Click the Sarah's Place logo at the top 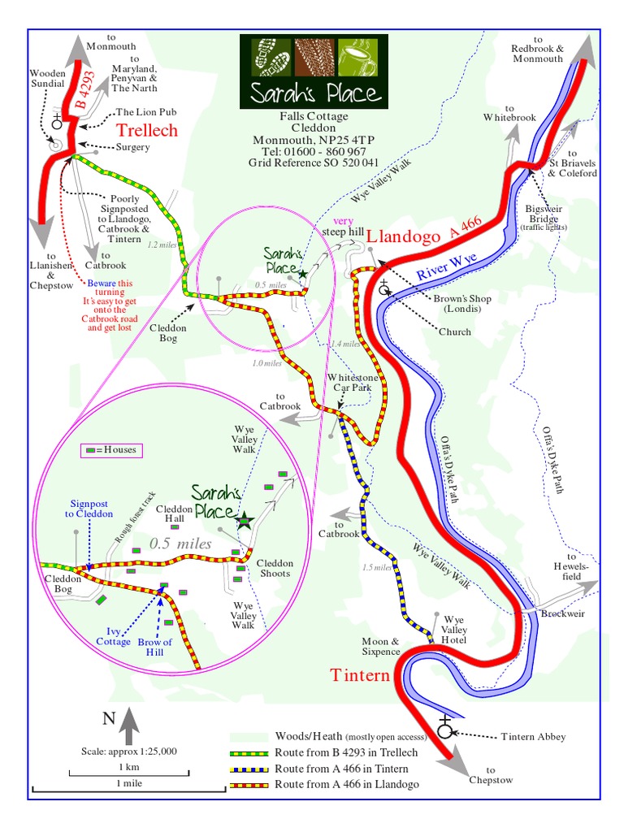coord(314,71)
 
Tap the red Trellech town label coord(146,131)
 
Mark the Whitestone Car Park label coord(350,383)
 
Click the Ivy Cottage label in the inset coord(119,635)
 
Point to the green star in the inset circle coord(243,520)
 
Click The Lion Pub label coord(146,112)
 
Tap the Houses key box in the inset coord(108,449)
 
